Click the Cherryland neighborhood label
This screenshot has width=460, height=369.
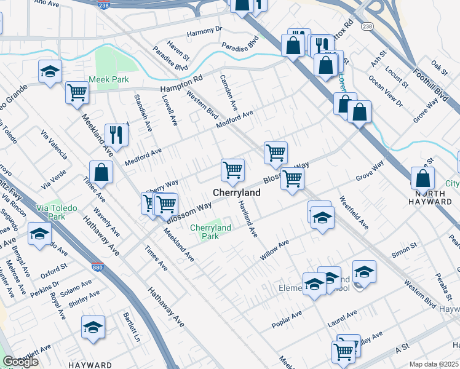pos(237,192)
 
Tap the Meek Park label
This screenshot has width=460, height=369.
pos(108,79)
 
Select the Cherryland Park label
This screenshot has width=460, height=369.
pos(210,232)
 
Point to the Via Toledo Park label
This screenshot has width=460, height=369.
pos(57,212)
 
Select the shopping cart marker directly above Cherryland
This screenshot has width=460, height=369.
pos(232,170)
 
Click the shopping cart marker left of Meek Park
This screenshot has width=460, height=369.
pos(77,93)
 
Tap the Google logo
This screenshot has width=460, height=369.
pos(20,362)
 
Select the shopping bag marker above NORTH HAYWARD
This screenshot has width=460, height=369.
pos(423,178)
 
